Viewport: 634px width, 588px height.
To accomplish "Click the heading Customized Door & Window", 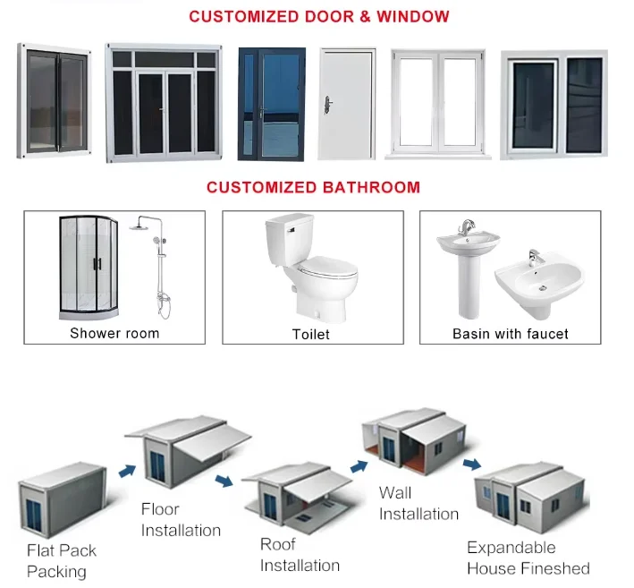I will click(x=318, y=17).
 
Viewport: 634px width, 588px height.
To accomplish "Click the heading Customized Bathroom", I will click(x=313, y=187).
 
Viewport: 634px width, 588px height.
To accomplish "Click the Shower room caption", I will click(x=114, y=333).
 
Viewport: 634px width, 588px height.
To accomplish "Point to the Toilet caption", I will click(x=310, y=334).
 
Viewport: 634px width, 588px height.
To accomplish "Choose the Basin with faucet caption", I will click(x=511, y=334).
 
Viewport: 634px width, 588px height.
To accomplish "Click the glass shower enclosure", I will click(x=89, y=266).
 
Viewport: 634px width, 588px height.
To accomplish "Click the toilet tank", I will click(x=289, y=239).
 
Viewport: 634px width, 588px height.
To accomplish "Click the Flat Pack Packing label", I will click(x=61, y=560).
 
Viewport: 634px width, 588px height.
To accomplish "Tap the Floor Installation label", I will click(x=180, y=519).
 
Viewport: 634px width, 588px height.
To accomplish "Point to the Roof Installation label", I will click(x=300, y=554).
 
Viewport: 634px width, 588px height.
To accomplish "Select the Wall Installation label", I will click(x=418, y=503).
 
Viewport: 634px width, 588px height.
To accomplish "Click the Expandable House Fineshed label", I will click(x=528, y=558).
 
